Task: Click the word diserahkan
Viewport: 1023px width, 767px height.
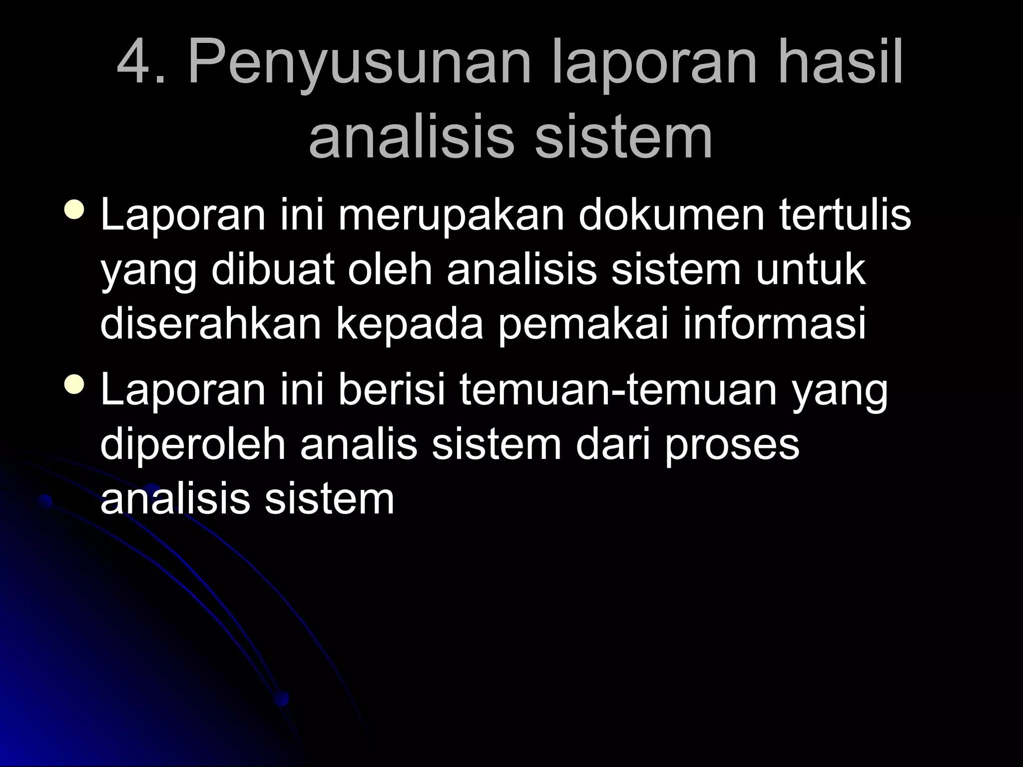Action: click(x=210, y=325)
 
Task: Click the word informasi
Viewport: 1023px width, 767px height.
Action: click(x=774, y=325)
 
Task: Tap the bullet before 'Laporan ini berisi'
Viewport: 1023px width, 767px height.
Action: click(x=74, y=384)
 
